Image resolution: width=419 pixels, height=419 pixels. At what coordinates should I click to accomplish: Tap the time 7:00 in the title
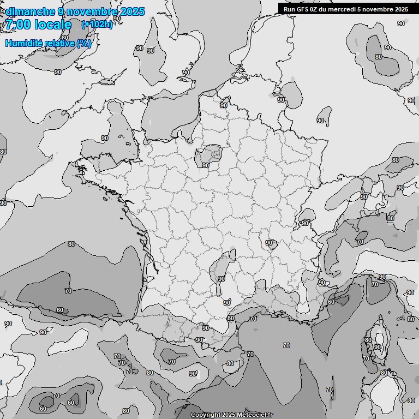(x=18, y=25)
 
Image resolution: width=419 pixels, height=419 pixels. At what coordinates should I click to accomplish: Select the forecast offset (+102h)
(x=97, y=25)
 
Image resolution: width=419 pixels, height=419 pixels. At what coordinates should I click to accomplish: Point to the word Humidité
(x=22, y=43)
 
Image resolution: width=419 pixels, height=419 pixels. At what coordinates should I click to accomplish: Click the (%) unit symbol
(x=84, y=43)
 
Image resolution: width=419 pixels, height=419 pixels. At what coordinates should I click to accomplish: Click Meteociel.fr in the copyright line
(x=255, y=415)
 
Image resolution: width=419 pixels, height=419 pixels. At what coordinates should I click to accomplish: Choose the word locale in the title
(x=53, y=25)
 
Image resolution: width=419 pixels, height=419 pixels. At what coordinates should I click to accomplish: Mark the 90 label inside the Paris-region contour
(x=205, y=165)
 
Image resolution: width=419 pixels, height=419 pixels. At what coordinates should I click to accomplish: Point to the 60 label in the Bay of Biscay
(x=60, y=310)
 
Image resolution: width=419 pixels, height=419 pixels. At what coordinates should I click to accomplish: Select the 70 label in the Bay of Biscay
(x=68, y=291)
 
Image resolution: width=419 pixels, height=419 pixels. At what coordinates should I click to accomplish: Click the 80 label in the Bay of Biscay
(x=71, y=244)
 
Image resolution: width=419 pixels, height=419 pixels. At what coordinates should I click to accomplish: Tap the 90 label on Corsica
(x=377, y=347)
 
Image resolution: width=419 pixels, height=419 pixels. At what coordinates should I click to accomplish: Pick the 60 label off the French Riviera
(x=331, y=302)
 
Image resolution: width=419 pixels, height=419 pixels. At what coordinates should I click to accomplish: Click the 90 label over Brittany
(x=105, y=139)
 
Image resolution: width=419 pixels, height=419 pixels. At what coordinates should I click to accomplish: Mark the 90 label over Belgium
(x=224, y=105)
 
